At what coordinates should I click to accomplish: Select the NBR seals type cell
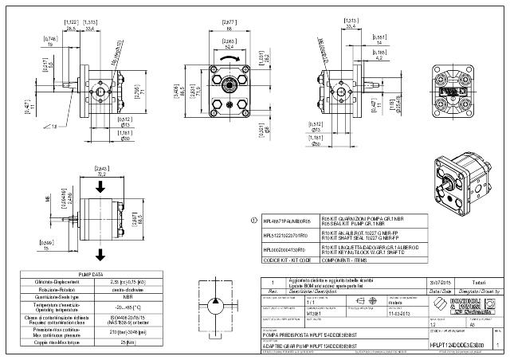click(122, 295)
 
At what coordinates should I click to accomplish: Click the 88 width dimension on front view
click(229, 28)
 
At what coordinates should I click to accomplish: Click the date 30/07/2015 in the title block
click(439, 282)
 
